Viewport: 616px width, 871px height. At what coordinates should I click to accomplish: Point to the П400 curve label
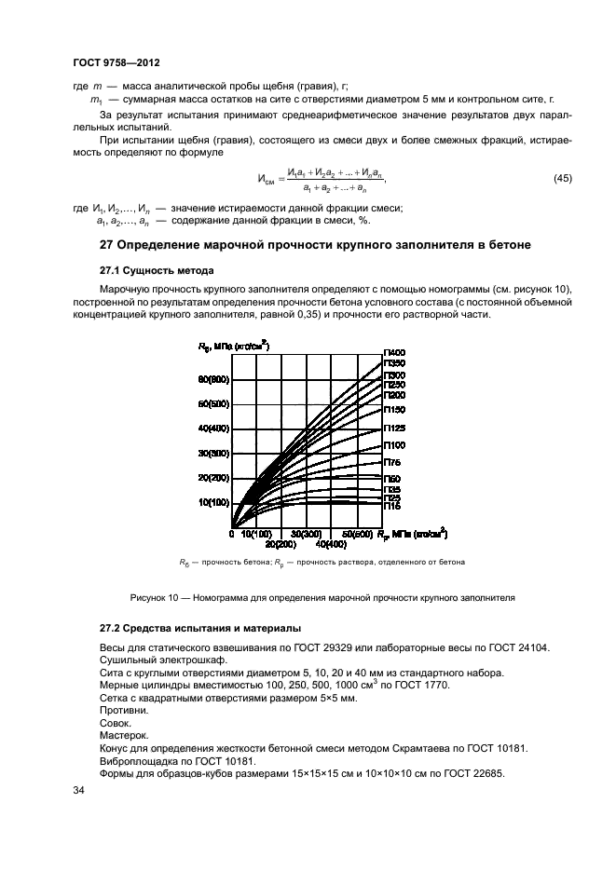(x=394, y=352)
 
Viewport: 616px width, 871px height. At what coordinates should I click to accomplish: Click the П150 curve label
(x=394, y=409)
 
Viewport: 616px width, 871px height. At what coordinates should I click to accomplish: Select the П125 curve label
(x=394, y=428)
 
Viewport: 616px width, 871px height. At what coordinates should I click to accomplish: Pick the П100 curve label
(x=394, y=445)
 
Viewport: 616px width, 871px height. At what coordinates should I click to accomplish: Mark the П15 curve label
(x=392, y=507)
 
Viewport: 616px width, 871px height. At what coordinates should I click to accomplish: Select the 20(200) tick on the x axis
(x=281, y=543)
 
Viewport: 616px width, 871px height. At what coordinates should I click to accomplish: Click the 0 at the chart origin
(x=231, y=534)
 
